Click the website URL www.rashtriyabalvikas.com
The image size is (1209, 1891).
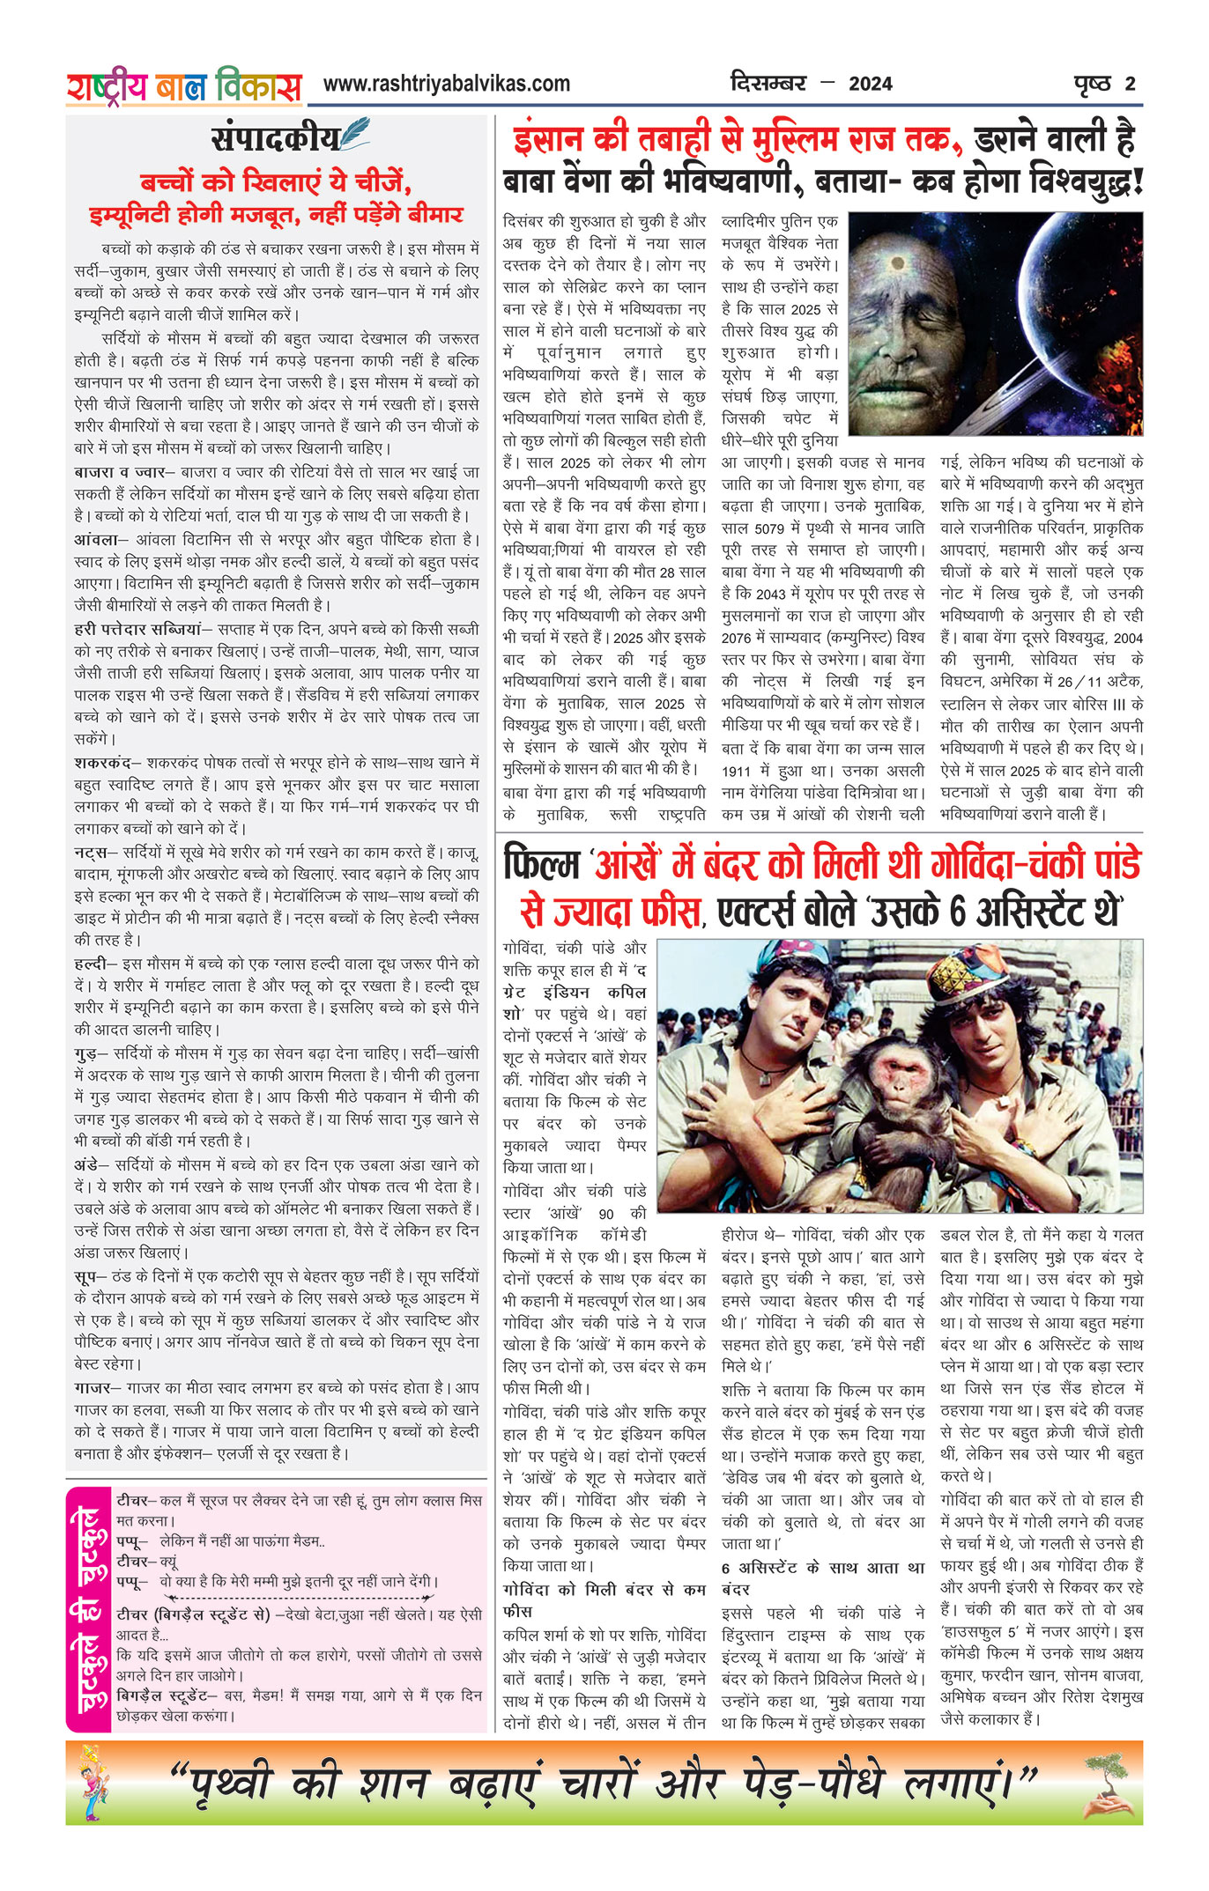446,84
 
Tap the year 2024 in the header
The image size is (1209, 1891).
870,85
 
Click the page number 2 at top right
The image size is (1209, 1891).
1130,85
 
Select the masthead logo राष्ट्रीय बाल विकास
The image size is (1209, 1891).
184,87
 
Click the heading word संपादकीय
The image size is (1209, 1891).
275,138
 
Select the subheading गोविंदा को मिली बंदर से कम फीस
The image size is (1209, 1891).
604,1600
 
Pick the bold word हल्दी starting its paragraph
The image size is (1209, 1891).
90,964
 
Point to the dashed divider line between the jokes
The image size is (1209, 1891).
300,1598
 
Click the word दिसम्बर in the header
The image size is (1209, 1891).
768,84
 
